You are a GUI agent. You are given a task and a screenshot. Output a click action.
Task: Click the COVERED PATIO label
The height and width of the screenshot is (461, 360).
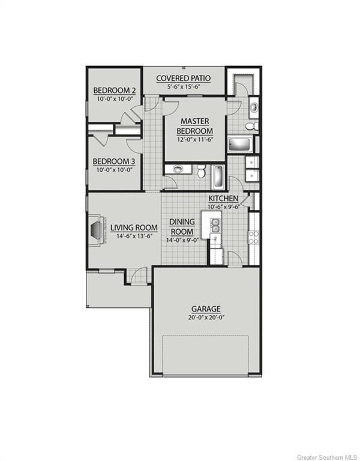(x=183, y=78)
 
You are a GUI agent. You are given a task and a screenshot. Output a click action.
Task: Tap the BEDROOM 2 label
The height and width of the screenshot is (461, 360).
(x=114, y=91)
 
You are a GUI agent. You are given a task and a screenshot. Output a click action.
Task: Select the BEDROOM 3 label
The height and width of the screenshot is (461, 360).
(x=113, y=161)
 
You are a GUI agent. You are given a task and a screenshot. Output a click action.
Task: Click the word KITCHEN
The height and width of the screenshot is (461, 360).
(x=223, y=199)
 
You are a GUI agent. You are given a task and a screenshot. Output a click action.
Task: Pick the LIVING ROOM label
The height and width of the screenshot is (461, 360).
(x=134, y=227)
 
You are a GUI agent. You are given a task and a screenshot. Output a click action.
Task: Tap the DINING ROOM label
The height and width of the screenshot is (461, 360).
(x=181, y=226)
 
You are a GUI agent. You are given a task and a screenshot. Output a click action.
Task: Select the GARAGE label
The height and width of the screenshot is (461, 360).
(x=205, y=309)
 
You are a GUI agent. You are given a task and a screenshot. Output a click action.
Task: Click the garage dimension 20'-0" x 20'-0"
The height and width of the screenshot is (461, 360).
(x=205, y=318)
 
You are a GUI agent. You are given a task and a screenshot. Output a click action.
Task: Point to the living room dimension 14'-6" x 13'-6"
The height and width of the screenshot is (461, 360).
(x=134, y=236)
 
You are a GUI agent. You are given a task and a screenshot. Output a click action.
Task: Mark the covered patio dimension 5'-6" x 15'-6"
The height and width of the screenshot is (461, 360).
(x=183, y=86)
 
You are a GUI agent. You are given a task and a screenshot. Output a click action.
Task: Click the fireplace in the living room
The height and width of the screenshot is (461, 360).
(x=97, y=229)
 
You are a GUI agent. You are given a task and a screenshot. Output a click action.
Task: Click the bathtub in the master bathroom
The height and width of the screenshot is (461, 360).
(x=239, y=145)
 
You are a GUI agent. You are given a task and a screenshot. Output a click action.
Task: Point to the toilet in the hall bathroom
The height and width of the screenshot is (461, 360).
(x=202, y=170)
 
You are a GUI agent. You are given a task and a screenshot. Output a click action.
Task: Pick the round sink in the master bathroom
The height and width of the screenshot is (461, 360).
(x=253, y=108)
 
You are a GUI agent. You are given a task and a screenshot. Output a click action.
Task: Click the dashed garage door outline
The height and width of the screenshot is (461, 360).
(x=205, y=354)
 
